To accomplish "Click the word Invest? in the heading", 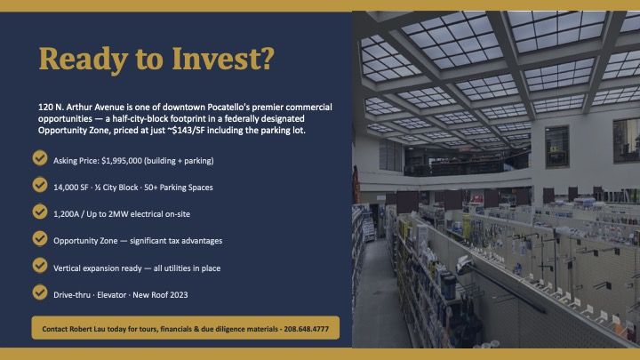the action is click(223, 59).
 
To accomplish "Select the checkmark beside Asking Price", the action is click(40, 158).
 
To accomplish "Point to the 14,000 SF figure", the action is click(70, 188).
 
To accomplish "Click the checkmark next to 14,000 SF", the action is click(40, 185).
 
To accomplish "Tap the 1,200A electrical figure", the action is click(66, 214).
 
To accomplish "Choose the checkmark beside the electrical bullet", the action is click(40, 212).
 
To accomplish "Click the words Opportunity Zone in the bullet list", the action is click(85, 241).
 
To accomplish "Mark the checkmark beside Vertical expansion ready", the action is click(40, 266).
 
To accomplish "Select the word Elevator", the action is click(111, 295).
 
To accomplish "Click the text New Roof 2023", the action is click(160, 295).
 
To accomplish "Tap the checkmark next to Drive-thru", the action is click(40, 292).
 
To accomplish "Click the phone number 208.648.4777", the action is click(306, 329).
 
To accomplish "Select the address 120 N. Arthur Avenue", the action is click(81, 108).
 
